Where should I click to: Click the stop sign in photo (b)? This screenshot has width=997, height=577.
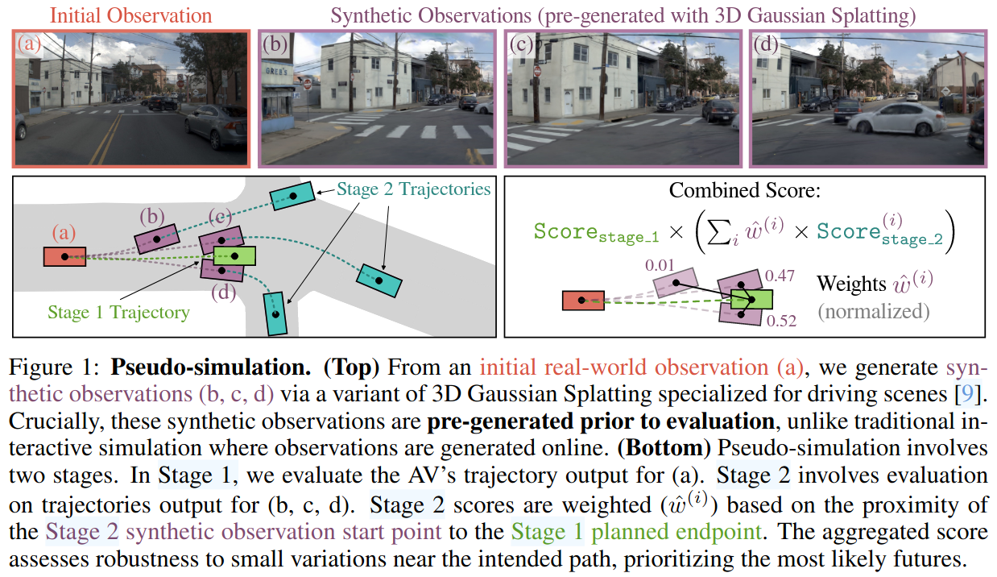click(x=307, y=84)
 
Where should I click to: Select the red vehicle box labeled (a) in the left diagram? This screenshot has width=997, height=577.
click(x=65, y=256)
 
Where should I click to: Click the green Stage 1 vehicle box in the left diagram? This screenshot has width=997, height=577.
click(x=235, y=256)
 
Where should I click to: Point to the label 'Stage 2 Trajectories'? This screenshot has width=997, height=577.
click(x=414, y=189)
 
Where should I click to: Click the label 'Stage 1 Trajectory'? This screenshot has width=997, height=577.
click(x=118, y=312)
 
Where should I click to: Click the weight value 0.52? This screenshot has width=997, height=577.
click(x=781, y=321)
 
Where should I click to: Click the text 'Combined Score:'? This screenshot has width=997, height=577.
click(x=744, y=192)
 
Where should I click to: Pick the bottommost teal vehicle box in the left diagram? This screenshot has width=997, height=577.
click(x=275, y=313)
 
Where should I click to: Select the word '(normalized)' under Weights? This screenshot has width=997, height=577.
click(x=874, y=311)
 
